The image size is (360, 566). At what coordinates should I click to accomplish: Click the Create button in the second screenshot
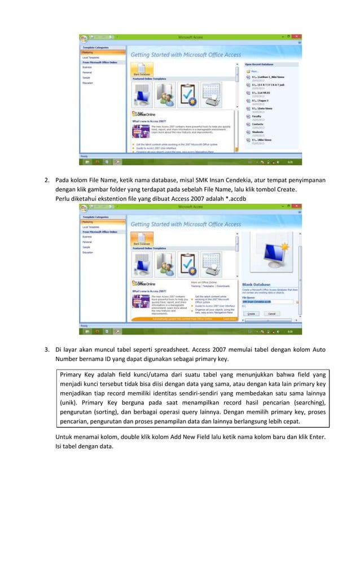click(x=251, y=313)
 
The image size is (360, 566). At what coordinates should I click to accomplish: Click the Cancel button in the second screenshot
click(x=271, y=313)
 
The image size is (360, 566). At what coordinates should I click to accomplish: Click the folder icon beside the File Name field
click(x=297, y=302)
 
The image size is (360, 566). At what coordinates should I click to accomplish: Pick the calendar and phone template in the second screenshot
click(x=213, y=265)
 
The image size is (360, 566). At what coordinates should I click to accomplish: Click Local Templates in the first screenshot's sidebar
click(x=90, y=58)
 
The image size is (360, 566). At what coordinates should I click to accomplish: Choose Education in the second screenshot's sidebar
click(x=88, y=252)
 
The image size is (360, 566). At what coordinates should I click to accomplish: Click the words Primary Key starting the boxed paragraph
click(x=78, y=374)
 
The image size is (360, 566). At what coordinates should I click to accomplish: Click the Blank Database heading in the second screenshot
click(x=256, y=284)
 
